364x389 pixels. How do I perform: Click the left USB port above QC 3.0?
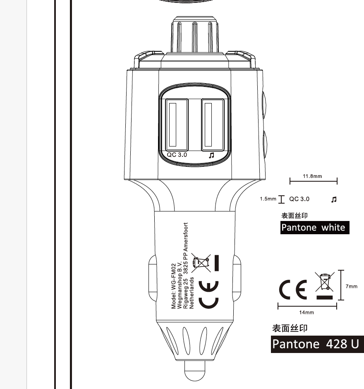tap(177, 125)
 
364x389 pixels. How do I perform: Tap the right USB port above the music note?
tap(213, 125)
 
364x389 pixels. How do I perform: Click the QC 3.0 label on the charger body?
tap(177, 155)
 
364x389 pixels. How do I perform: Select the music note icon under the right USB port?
tap(211, 155)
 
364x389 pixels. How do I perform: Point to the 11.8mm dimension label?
tap(312, 176)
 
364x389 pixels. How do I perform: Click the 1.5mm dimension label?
tap(268, 199)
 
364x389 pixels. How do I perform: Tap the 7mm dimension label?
tap(352, 286)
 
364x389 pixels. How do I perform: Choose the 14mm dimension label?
tap(307, 312)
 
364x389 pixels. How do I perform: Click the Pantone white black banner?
tap(315, 228)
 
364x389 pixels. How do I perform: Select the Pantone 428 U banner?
tap(317, 344)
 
